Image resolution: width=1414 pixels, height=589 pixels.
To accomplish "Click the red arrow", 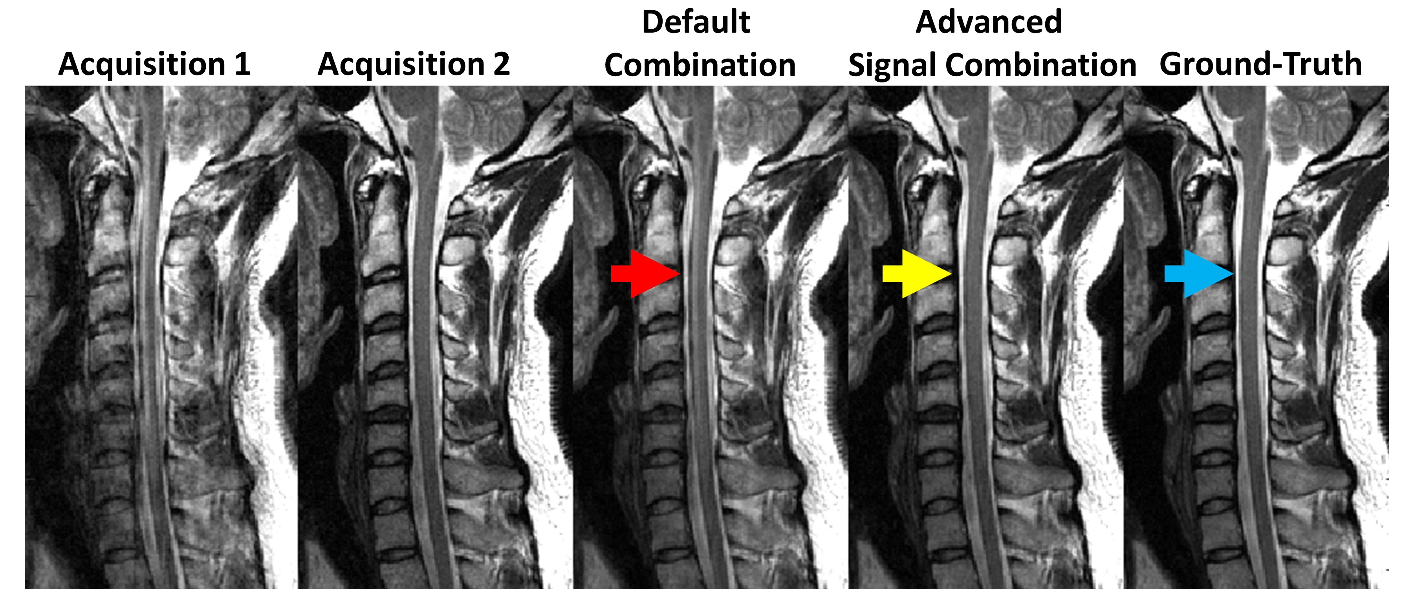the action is click(648, 273).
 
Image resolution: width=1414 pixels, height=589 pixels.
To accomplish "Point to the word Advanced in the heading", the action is click(989, 22).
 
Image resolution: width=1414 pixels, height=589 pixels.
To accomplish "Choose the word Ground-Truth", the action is click(1260, 64).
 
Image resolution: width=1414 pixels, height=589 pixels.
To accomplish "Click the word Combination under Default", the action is click(700, 65).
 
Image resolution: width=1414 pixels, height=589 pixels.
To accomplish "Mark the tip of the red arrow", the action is click(680, 273).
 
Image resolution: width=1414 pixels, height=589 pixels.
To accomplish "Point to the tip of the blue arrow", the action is click(1233, 273).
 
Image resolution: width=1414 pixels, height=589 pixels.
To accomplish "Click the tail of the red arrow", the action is click(613, 273).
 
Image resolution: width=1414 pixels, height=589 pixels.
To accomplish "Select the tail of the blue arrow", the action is click(1167, 273).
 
